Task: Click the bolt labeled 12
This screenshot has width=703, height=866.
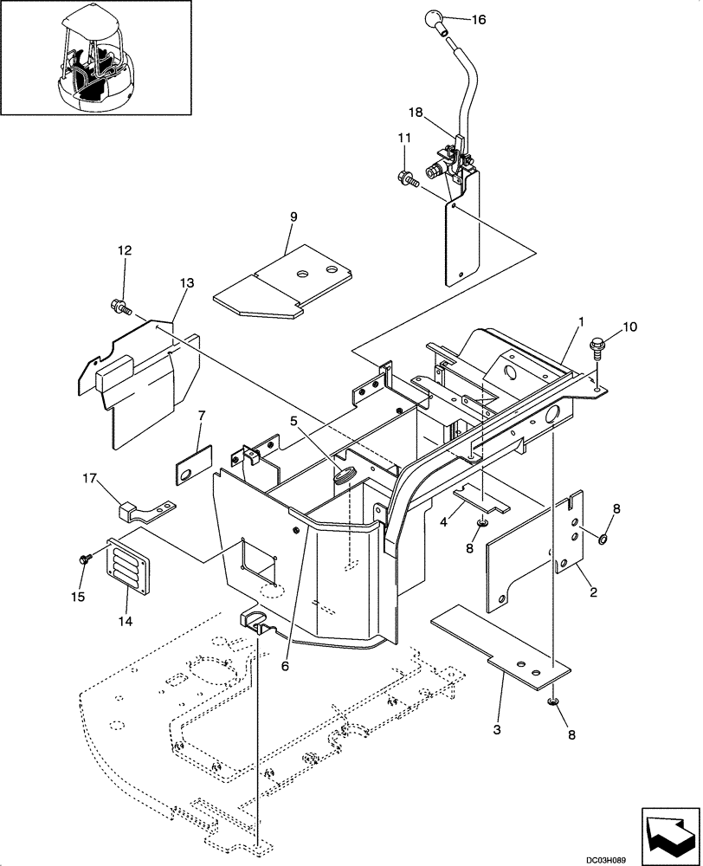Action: point(119,305)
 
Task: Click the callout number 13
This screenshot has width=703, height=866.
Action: point(188,283)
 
